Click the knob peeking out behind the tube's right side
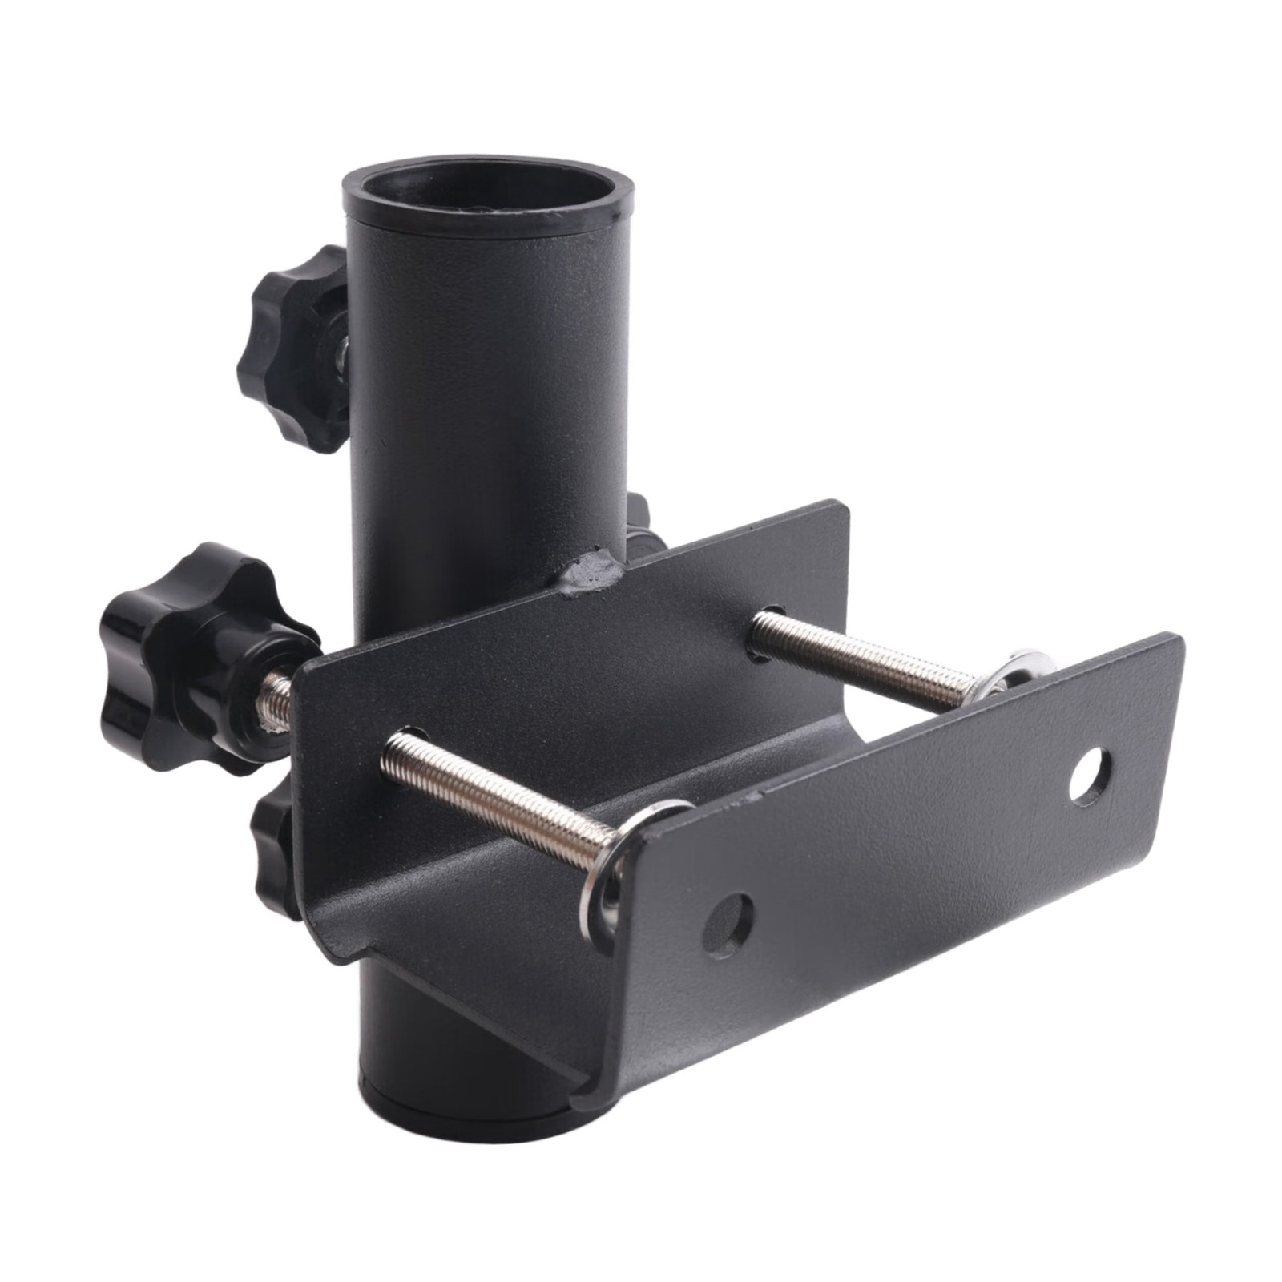641,529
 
